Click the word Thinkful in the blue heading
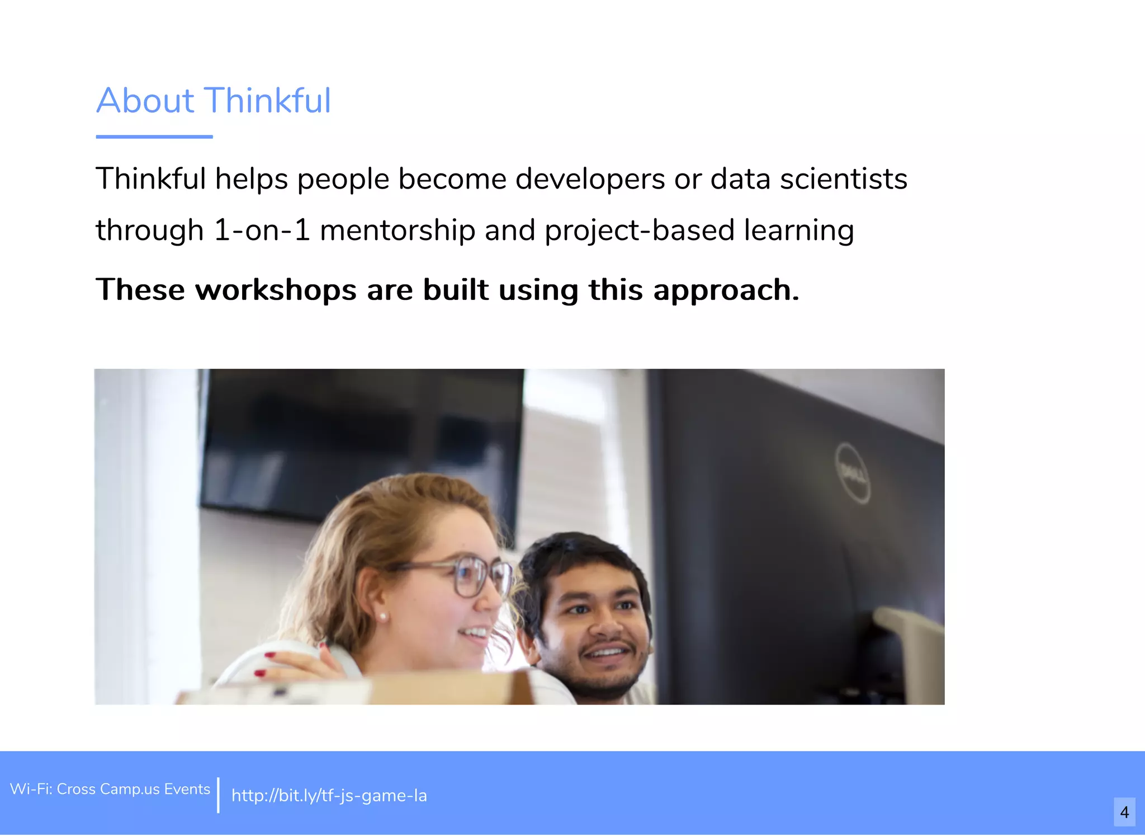268,101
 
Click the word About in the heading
145,101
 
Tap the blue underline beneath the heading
154,137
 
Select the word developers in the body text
590,180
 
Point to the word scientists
843,180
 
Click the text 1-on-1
262,231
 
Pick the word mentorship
397,231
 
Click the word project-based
639,231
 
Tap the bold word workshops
275,290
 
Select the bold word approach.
726,291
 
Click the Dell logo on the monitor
853,473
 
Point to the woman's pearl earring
384,617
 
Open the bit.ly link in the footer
329,795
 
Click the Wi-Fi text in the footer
110,789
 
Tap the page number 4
1124,812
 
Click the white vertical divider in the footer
218,795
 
